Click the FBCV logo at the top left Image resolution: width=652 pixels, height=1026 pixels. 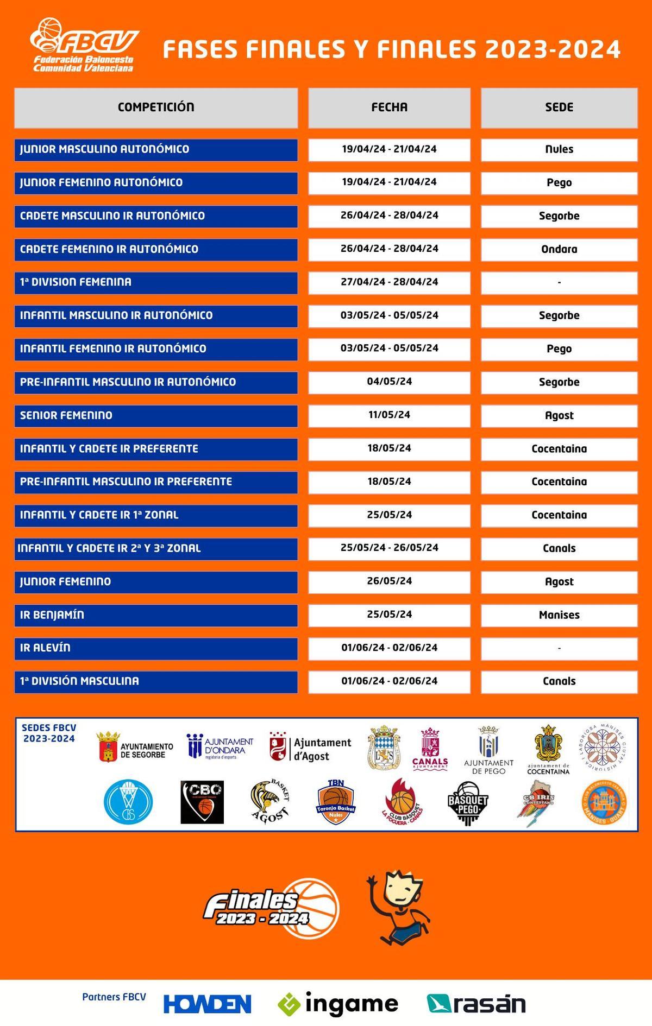point(84,46)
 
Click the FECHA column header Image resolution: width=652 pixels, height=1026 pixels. point(389,107)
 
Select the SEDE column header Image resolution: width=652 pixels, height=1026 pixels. point(559,107)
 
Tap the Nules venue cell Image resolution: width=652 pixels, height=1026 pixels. point(559,149)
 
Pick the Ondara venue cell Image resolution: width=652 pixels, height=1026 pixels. point(559,249)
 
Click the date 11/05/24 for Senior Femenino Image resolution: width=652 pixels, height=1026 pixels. point(389,415)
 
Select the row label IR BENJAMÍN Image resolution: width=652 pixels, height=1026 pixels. point(52,615)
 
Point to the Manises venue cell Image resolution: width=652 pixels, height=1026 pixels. point(559,615)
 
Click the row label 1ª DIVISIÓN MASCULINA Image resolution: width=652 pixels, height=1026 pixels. point(79,681)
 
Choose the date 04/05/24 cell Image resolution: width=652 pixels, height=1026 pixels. point(389,382)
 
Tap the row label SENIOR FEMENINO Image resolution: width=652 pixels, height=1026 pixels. point(66,416)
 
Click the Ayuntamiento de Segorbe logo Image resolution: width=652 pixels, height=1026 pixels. point(135,748)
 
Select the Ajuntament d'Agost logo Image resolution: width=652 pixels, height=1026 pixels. point(311,748)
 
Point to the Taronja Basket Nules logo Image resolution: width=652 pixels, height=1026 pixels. point(336,802)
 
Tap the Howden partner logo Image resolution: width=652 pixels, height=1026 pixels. point(208,1004)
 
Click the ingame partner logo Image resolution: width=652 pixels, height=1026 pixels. point(338,1004)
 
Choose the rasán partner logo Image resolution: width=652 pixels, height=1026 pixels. point(477,1004)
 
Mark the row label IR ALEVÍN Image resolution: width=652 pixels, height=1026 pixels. point(45,648)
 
